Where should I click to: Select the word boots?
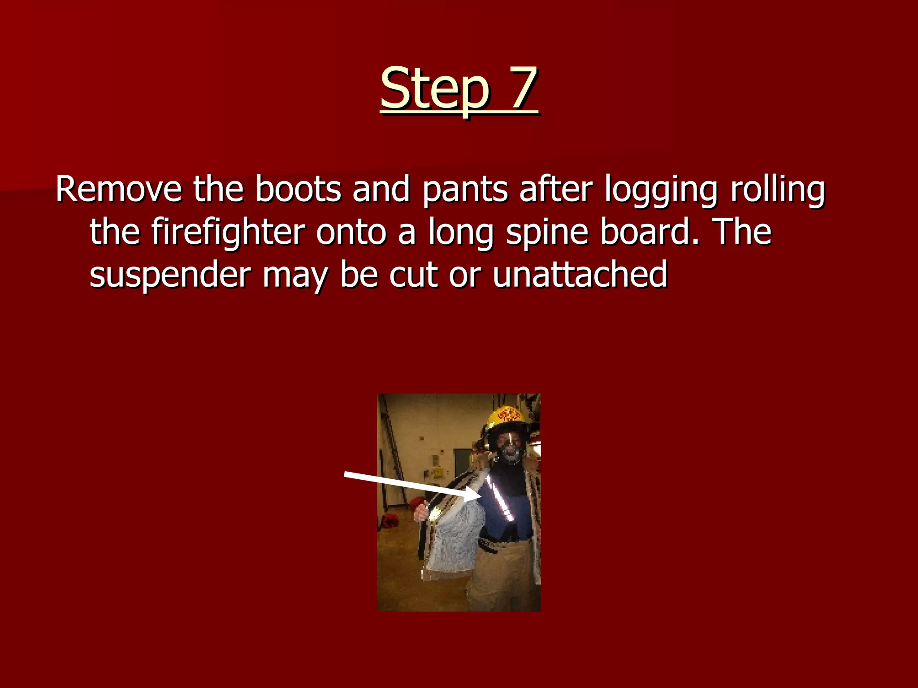298,189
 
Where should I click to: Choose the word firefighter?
228,232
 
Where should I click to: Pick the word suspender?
170,275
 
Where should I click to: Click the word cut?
413,275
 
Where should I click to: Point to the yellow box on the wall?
437,472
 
